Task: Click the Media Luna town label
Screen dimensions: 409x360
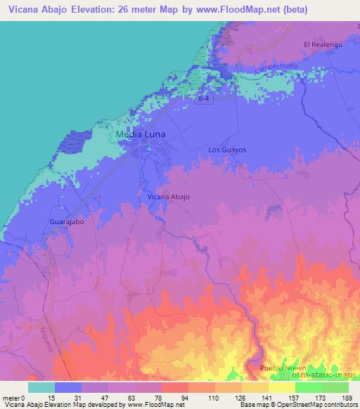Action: [x=141, y=134]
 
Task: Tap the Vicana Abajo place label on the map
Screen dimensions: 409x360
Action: [x=168, y=197]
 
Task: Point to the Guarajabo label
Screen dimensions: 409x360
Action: [x=67, y=222]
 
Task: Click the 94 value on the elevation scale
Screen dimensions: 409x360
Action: [x=185, y=398]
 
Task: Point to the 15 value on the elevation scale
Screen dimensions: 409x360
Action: [x=51, y=398]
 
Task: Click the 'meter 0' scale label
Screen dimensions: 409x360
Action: [x=13, y=398]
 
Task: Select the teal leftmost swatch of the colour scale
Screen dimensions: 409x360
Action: [x=41, y=387]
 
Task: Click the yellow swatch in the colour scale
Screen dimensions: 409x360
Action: [x=282, y=387]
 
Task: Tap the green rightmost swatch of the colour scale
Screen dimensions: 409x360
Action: [x=335, y=387]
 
